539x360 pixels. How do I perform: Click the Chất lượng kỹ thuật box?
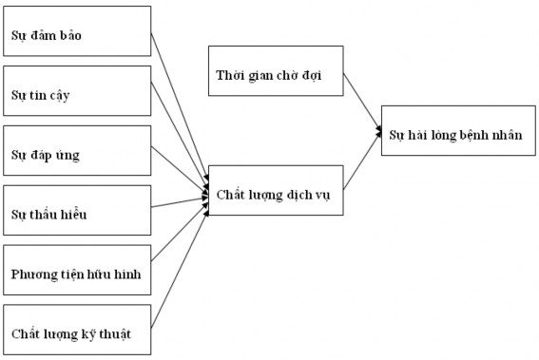coord(77,331)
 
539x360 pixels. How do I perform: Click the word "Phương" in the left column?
coord(34,275)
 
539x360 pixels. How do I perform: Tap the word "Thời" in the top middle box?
coord(231,76)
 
